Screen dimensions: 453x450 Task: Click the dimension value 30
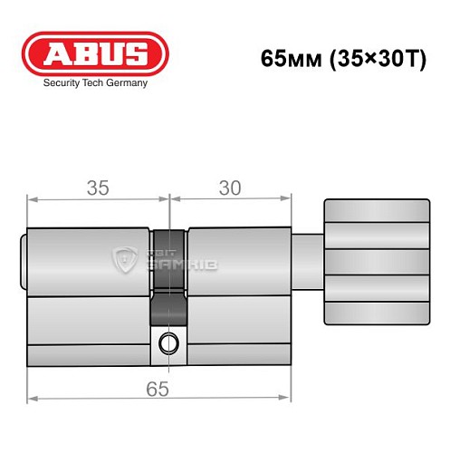(230, 188)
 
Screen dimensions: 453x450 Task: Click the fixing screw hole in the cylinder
(168, 342)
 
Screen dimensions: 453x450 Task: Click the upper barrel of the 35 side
(89, 258)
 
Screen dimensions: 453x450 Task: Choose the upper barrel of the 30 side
(240, 258)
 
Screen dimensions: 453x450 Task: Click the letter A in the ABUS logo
(57, 53)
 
